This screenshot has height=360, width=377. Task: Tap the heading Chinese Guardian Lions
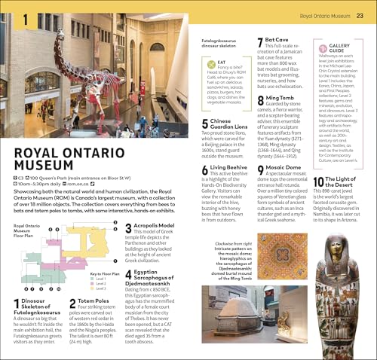[231, 124]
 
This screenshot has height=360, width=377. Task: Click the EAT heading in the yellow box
[220, 63]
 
